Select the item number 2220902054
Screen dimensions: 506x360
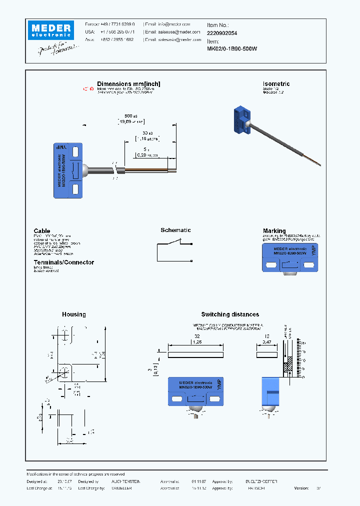[x=222, y=32]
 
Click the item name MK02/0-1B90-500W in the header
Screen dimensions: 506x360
[x=231, y=48]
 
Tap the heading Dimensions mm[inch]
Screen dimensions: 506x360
[x=128, y=84]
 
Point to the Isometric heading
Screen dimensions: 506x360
[x=276, y=84]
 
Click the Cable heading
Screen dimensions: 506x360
[x=42, y=231]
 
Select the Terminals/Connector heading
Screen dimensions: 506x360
[x=63, y=262]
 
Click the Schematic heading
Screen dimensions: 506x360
[x=175, y=230]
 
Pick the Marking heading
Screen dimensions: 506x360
[x=274, y=231]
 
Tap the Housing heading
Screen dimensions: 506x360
[x=74, y=314]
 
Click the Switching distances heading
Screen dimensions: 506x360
[x=230, y=314]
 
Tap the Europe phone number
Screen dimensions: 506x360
[x=116, y=24]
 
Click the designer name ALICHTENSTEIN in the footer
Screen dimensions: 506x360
[x=125, y=481]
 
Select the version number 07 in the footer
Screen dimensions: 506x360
[x=318, y=488]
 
